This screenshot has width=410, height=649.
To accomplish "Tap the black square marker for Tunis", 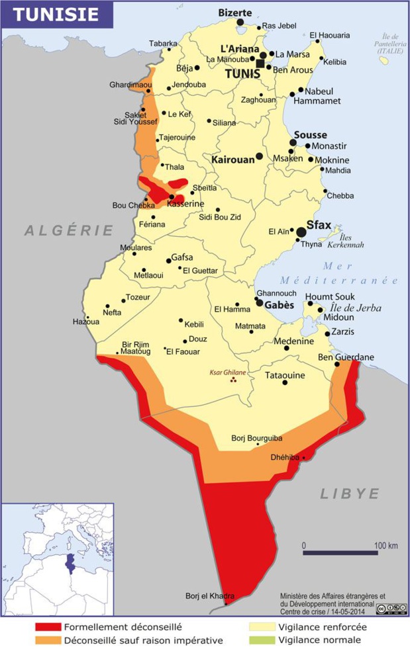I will [261, 64].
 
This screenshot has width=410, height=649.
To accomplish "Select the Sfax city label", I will [319, 225].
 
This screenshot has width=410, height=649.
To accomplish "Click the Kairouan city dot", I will [259, 155].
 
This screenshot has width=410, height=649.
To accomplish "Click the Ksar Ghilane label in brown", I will [227, 372].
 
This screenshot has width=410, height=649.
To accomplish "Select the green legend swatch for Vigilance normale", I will [261, 640].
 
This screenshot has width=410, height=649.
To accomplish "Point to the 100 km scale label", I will [385, 545].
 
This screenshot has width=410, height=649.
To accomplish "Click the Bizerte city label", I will [235, 13].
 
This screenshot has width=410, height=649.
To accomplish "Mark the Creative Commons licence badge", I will [391, 607].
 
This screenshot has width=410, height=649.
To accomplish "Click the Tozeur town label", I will [138, 297].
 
